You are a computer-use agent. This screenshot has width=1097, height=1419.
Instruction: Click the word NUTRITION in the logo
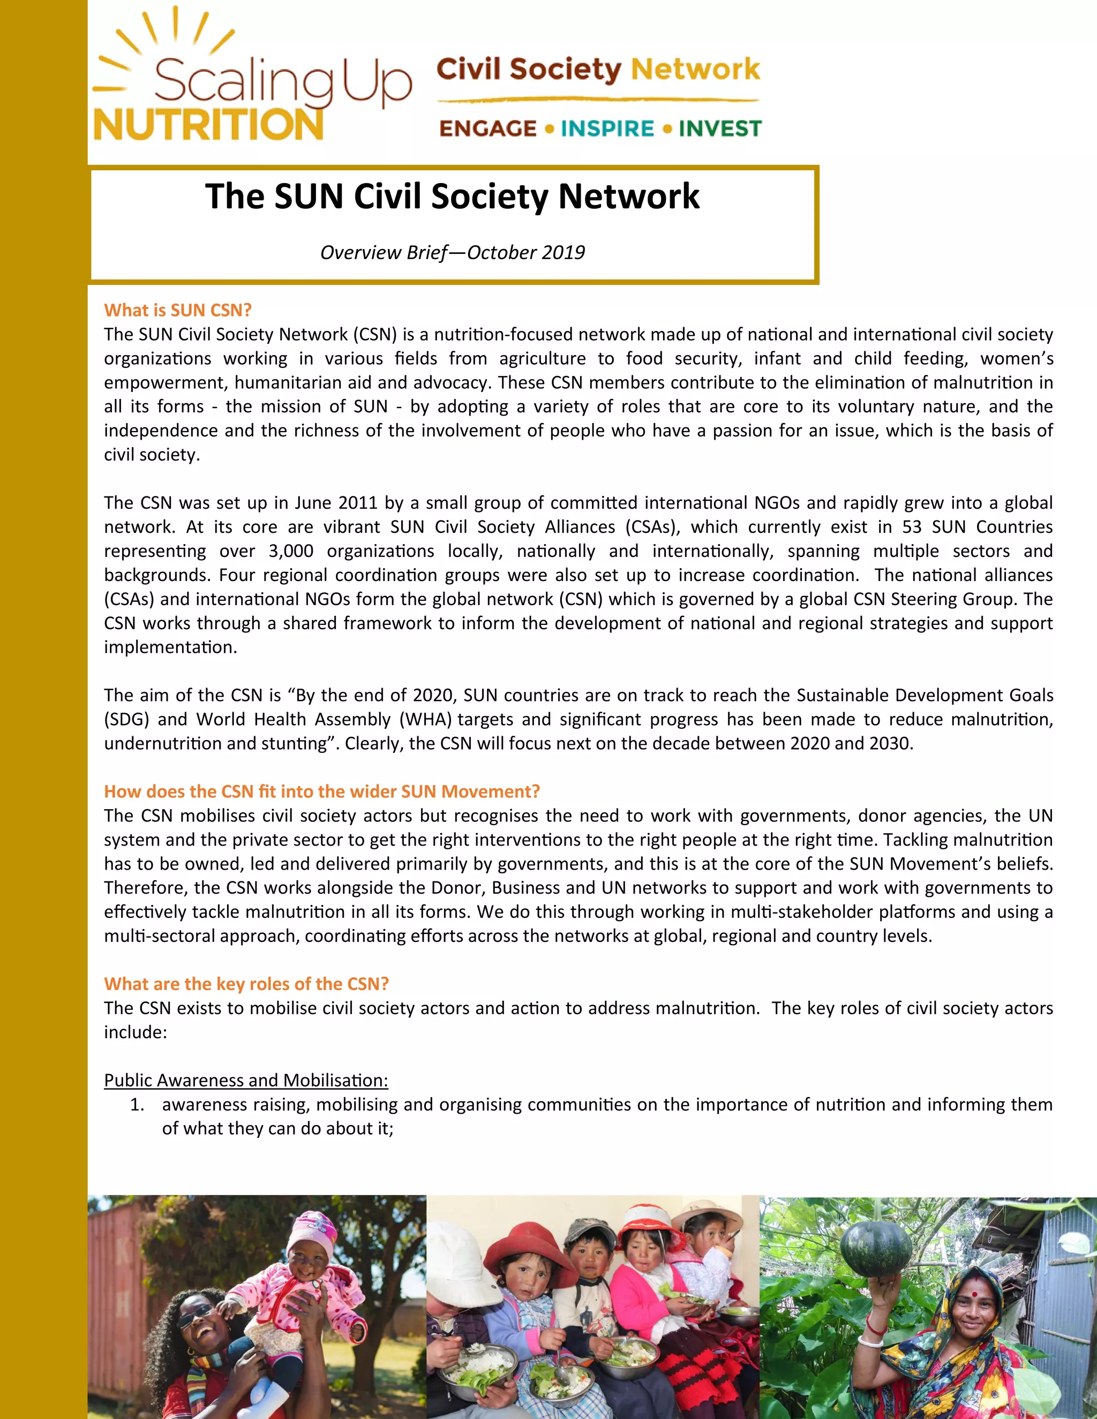click(x=208, y=125)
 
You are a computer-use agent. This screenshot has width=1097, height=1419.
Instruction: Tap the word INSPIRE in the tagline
click(x=607, y=129)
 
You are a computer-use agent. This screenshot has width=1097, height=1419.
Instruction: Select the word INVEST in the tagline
click(x=719, y=129)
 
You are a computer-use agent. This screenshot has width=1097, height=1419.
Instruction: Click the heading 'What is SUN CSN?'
click(x=177, y=310)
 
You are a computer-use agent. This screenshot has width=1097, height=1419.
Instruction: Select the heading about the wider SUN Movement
click(x=322, y=791)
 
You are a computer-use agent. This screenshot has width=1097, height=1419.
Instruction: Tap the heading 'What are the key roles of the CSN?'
click(x=246, y=984)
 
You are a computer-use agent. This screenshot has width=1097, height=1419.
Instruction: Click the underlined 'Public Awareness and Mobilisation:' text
click(x=246, y=1080)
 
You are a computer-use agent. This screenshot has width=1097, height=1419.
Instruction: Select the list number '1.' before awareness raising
click(x=137, y=1105)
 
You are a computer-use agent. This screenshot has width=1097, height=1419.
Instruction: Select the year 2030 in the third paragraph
click(x=891, y=743)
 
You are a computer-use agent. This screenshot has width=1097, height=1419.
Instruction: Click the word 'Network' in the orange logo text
click(x=695, y=69)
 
